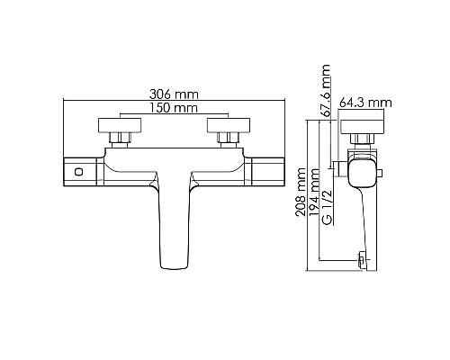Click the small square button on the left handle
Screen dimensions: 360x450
(77, 171)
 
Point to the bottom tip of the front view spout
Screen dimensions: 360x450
(175, 264)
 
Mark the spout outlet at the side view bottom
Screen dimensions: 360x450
(362, 261)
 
